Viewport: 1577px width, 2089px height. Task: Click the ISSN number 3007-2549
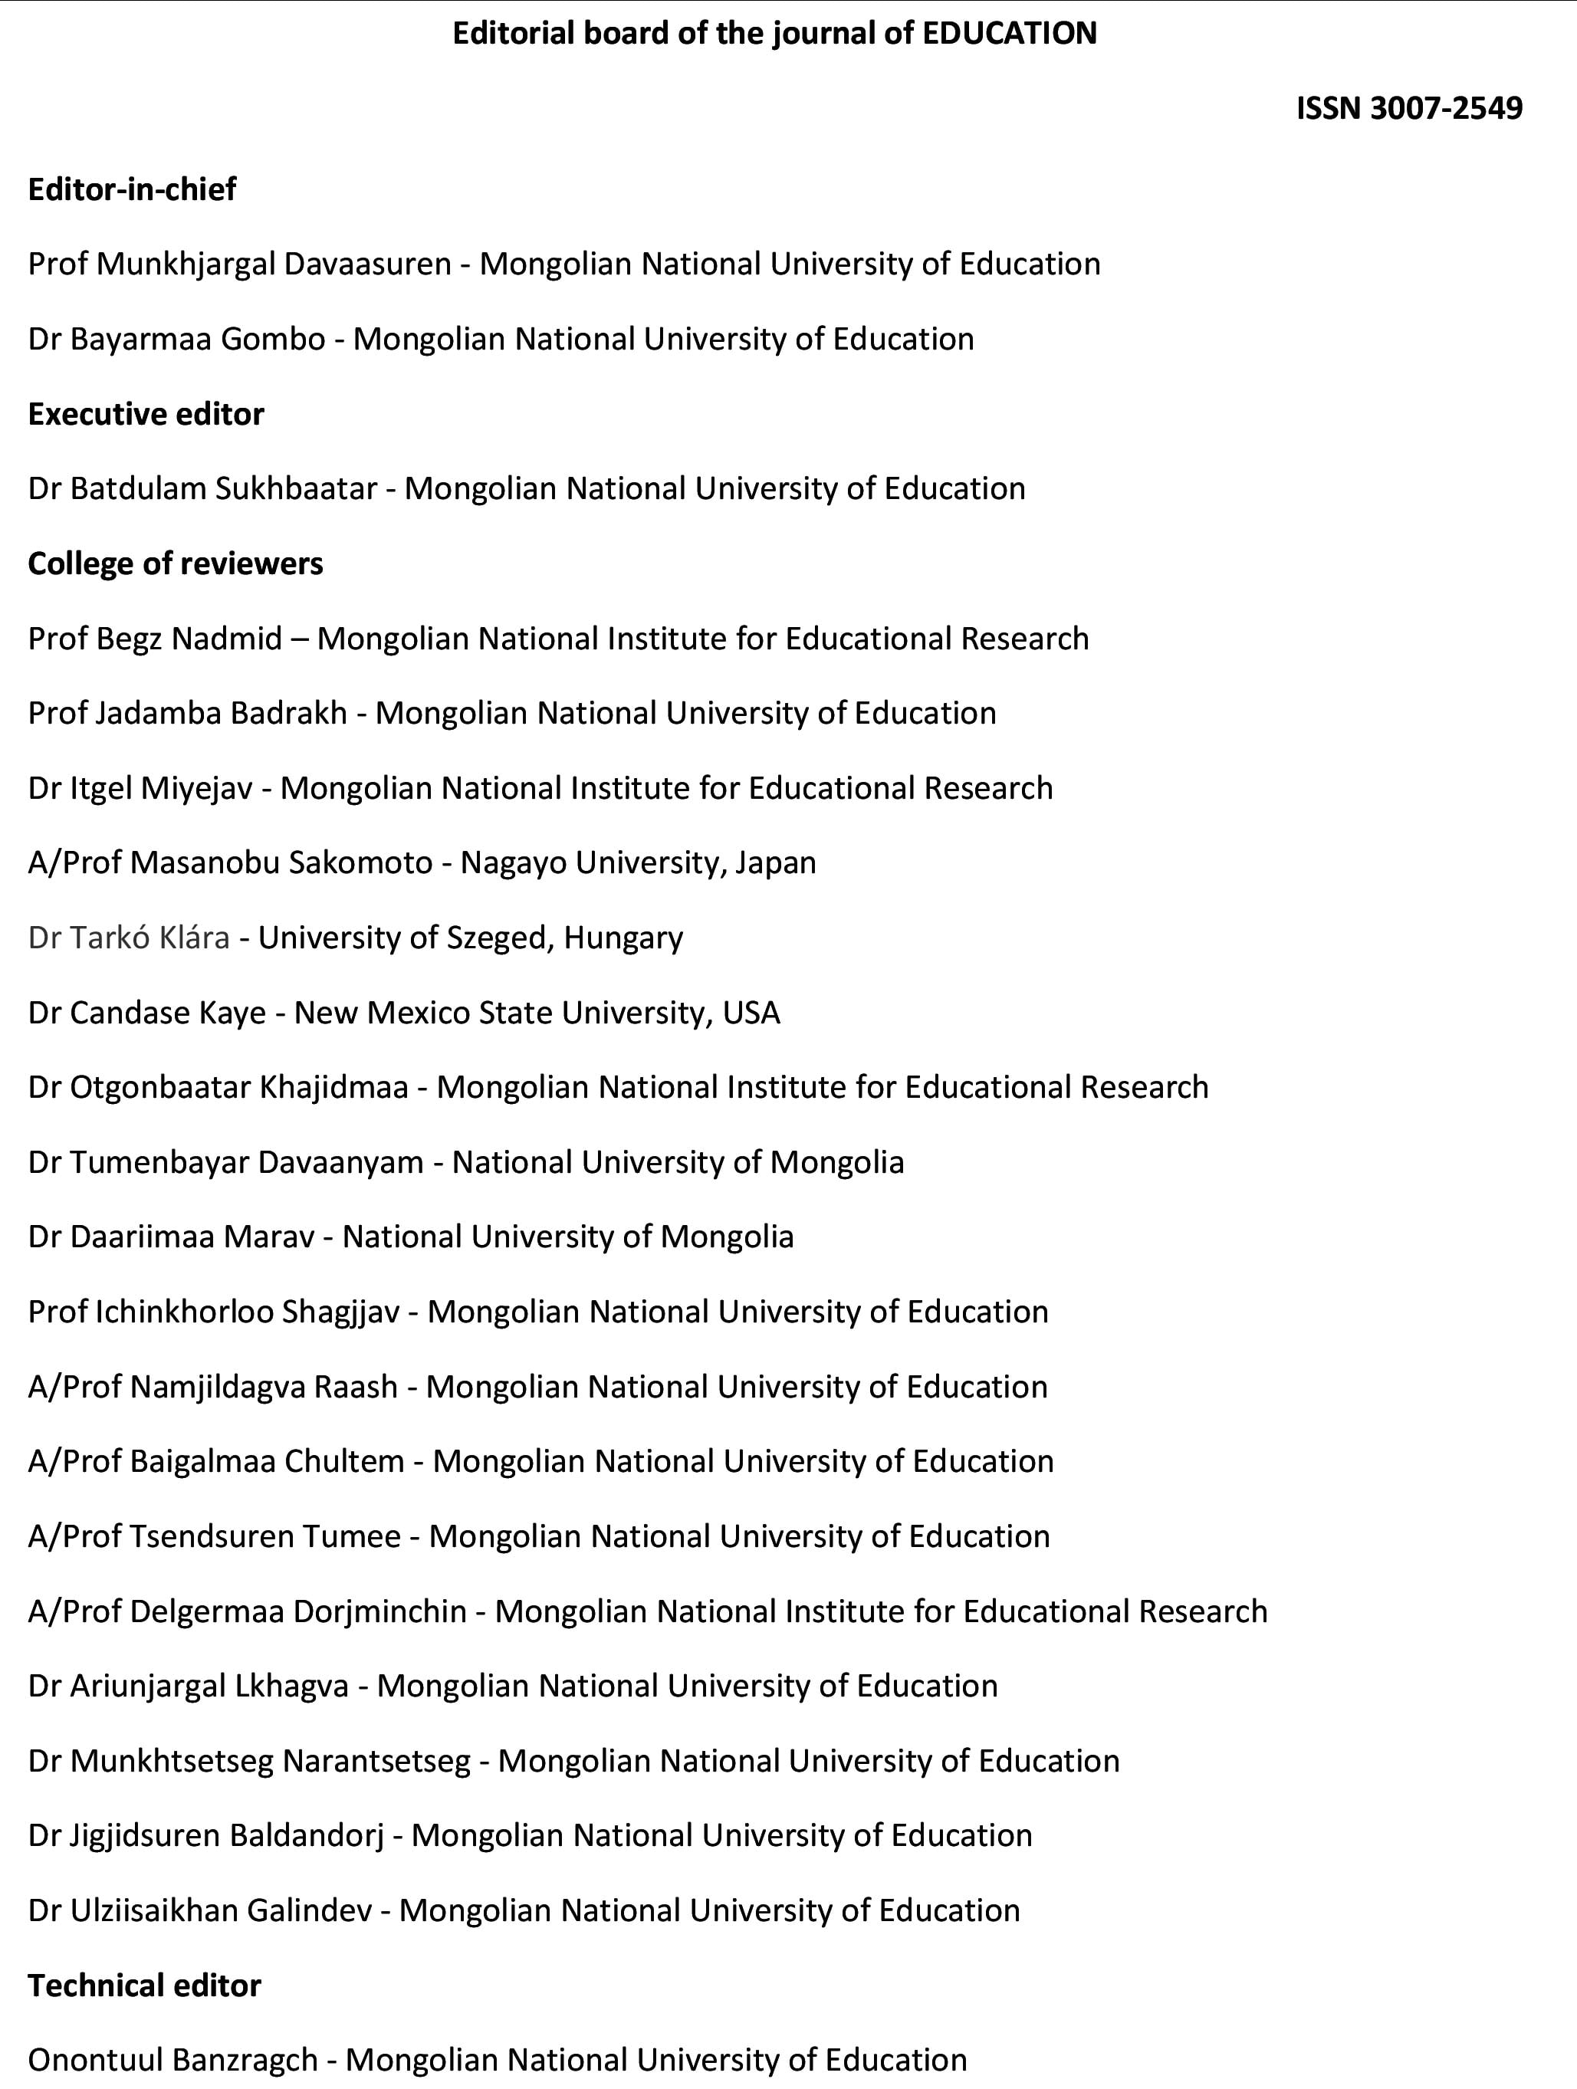1446,109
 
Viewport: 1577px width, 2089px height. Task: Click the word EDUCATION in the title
1008,34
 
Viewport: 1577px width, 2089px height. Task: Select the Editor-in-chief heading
132,190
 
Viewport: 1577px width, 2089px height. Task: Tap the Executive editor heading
146,415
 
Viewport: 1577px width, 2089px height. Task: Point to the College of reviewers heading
176,563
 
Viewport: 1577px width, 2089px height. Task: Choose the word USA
751,1013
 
